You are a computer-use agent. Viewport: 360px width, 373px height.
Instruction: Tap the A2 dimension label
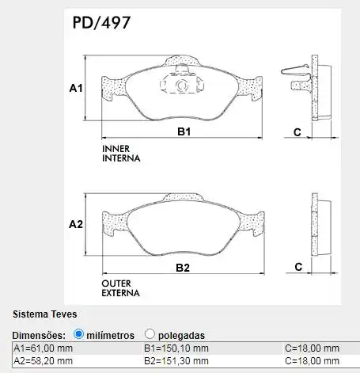click(76, 224)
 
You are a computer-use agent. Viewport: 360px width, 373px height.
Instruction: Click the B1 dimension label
click(183, 132)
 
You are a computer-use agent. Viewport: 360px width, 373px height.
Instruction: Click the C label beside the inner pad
click(297, 132)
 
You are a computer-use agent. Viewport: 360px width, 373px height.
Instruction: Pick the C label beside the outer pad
click(298, 268)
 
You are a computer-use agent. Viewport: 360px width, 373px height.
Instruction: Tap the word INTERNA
click(121, 158)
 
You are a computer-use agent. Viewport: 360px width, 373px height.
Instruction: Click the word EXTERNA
click(121, 293)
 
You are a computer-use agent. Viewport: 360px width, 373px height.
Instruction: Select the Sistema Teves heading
click(44, 315)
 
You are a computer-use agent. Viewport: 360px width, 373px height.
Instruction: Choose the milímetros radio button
click(78, 334)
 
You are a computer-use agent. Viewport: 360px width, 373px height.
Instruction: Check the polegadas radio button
click(150, 334)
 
